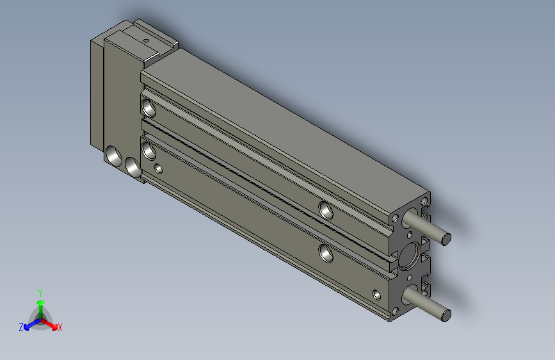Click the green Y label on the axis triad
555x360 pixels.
pos(40,291)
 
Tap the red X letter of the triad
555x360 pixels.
pos(60,327)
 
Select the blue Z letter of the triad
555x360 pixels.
pos(21,327)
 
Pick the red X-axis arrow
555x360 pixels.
pos(52,323)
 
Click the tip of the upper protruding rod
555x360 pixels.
pos(447,239)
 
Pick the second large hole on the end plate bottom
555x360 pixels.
pos(133,167)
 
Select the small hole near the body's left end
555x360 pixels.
pos(159,170)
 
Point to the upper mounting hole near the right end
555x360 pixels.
pos(326,209)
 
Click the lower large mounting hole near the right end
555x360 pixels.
pos(326,253)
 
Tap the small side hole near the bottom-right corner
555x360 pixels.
pos(376,295)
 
